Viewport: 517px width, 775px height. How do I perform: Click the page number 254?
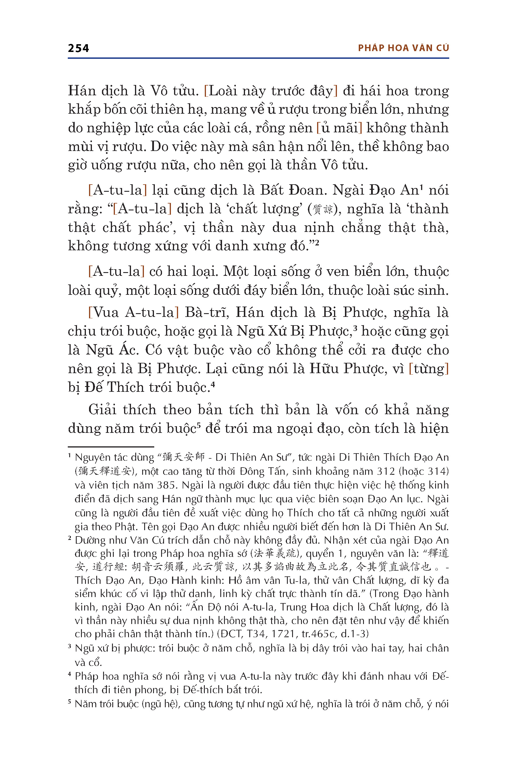[78, 49]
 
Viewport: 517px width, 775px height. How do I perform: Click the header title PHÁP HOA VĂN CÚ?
[403, 48]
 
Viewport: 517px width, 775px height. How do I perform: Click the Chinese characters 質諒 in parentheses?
[323, 210]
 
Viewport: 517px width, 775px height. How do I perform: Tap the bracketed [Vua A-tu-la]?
[134, 312]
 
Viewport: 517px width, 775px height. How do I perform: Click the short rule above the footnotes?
[111, 447]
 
